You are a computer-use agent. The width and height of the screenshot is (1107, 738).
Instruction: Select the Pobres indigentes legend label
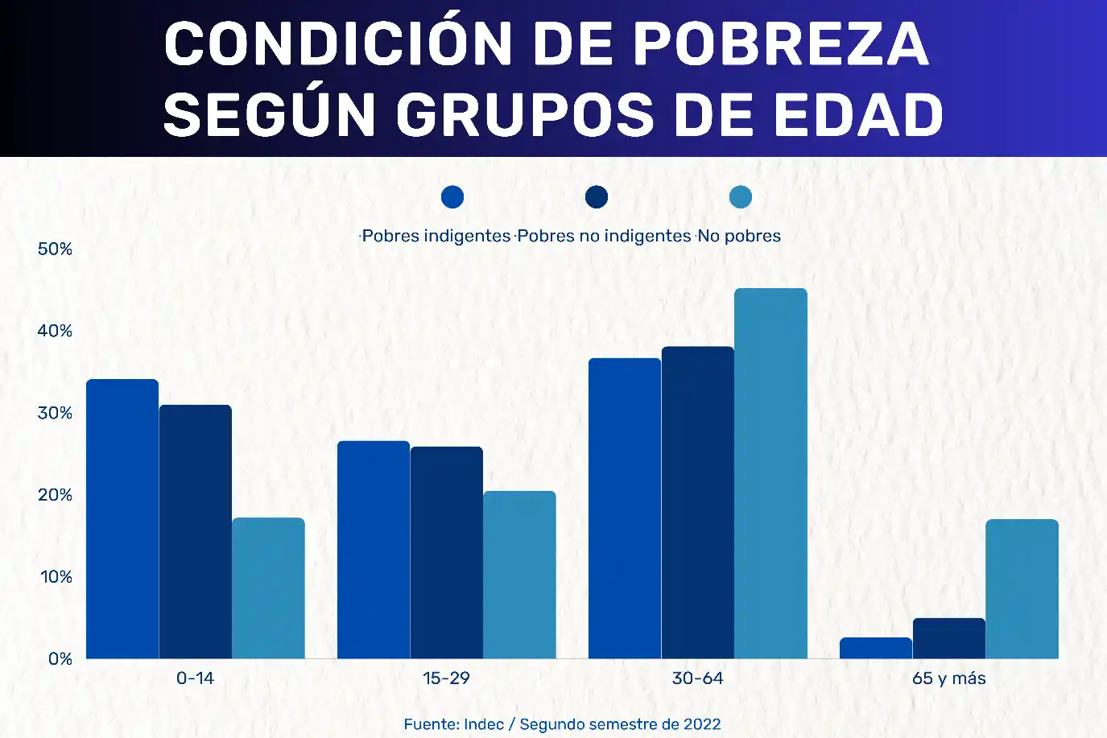pyautogui.click(x=436, y=236)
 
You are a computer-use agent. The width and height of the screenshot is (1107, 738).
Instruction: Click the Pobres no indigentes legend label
pyautogui.click(x=604, y=236)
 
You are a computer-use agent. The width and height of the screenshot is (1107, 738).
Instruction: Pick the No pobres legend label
pyautogui.click(x=739, y=236)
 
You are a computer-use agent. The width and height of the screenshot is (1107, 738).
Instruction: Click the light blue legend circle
pyautogui.click(x=741, y=197)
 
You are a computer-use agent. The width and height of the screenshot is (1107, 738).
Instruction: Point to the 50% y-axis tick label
pyautogui.click(x=55, y=249)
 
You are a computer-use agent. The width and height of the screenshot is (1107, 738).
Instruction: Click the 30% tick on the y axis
pyautogui.click(x=55, y=413)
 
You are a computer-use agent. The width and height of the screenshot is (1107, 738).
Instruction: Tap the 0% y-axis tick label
pyautogui.click(x=60, y=659)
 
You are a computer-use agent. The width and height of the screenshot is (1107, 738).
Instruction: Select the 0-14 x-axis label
pyautogui.click(x=195, y=678)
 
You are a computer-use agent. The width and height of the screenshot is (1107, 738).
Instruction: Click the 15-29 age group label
pyautogui.click(x=446, y=678)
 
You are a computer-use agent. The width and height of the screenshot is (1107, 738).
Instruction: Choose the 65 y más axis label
pyautogui.click(x=948, y=678)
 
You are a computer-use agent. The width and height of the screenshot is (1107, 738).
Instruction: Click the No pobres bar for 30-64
pyautogui.click(x=770, y=475)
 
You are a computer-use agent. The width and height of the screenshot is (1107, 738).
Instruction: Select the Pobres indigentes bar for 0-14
pyautogui.click(x=122, y=519)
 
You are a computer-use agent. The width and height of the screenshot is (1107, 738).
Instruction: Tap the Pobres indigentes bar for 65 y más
pyautogui.click(x=876, y=649)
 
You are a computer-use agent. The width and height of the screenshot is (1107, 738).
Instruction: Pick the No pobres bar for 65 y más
pyautogui.click(x=1022, y=589)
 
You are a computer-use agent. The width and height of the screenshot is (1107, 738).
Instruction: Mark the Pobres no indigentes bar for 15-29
pyautogui.click(x=447, y=553)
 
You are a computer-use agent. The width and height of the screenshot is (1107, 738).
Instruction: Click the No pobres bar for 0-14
pyautogui.click(x=268, y=588)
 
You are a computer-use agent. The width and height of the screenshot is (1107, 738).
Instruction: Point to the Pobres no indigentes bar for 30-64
pyautogui.click(x=697, y=503)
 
